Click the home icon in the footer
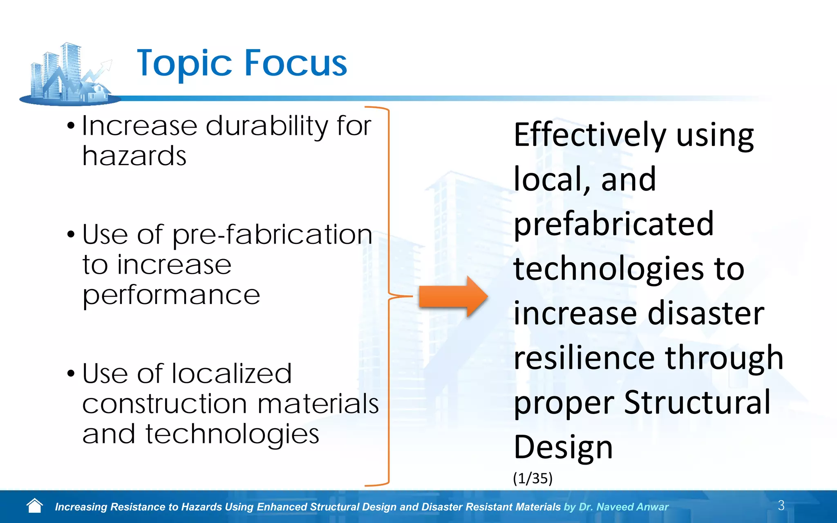(x=35, y=506)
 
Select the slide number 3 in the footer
(x=781, y=505)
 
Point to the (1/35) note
(x=533, y=478)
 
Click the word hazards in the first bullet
(x=134, y=156)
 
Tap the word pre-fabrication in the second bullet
(x=272, y=235)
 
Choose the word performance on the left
(x=171, y=295)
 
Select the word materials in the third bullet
(x=318, y=404)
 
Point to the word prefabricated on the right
(x=613, y=225)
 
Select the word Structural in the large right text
(x=697, y=402)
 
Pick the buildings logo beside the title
(x=69, y=74)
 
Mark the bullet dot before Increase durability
(x=71, y=126)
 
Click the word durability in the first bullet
(x=266, y=126)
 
